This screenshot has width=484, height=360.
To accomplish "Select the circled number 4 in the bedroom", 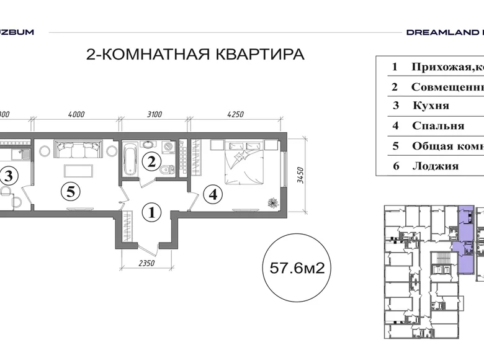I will coord(213,194).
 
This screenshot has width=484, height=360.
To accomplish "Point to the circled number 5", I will coord(71,192).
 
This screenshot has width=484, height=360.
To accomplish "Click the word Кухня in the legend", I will coord(430,106).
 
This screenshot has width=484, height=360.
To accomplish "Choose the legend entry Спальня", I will coord(437,125).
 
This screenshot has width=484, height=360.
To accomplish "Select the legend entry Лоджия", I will coord(435,166).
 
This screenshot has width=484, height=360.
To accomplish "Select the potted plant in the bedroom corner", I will coord(272,202).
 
